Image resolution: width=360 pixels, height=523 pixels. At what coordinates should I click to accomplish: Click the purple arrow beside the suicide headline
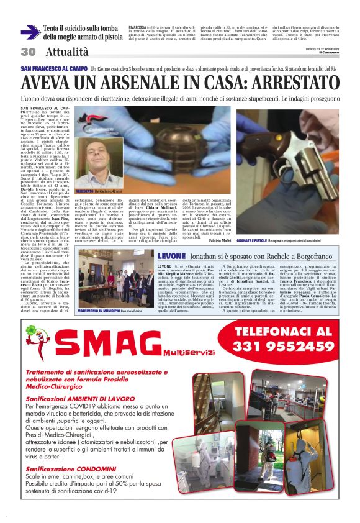point(30,33)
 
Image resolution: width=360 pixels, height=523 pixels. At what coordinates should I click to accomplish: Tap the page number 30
point(28,52)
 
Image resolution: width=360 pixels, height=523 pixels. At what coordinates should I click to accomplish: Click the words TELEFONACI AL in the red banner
point(285,331)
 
